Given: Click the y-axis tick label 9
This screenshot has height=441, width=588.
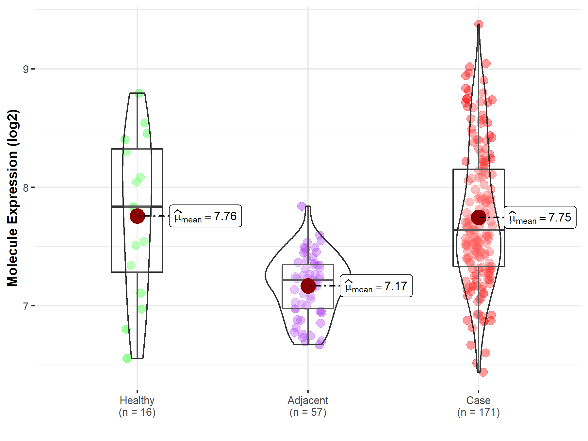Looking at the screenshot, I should pos(25,69).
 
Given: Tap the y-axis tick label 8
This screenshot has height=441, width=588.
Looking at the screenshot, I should pos(25,188).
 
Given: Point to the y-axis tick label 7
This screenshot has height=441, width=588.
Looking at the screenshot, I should pos(25,306).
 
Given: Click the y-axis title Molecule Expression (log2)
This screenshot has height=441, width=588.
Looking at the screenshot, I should pos(12,198).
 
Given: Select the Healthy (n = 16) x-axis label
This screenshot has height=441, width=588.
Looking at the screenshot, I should pos(137,406).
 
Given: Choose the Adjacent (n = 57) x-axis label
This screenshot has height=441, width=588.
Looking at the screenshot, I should pos(308,406).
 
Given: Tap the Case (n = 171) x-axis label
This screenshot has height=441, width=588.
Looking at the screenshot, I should pos(478,406).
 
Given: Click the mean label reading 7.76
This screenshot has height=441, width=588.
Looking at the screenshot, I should pos(205,216).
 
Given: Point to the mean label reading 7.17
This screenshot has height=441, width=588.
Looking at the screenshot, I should pos(376,286).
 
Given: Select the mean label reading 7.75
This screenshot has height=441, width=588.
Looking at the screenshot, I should pos(540,217).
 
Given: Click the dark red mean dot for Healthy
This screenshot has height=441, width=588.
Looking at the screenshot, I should pos(137,216).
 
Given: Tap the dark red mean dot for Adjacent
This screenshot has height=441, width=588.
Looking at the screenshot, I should pos(308,286).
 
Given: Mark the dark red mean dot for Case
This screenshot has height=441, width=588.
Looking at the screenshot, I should pos(479,217).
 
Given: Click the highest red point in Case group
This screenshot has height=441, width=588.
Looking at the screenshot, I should pos(479,24).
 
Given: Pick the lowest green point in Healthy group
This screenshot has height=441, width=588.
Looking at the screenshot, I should pos(127,358).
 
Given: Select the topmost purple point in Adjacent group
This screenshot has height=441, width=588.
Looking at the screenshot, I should pos(302,206).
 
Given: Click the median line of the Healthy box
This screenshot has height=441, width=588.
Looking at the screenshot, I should pos(137,206).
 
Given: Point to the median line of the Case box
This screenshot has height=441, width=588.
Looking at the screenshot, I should pos(479,230).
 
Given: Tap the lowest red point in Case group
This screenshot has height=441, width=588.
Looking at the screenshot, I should pos(483,372).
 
